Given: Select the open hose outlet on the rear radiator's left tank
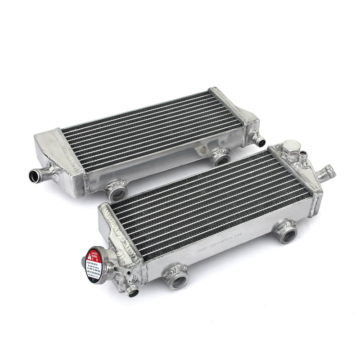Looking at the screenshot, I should (36, 174).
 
